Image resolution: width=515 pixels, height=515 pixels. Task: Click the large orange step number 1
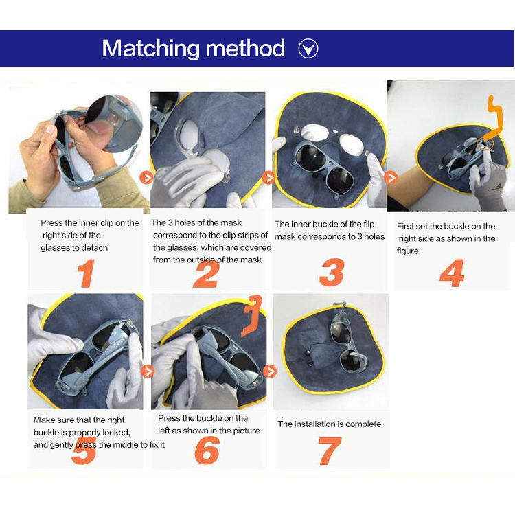point(87,273)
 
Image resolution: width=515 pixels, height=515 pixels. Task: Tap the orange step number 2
point(206,273)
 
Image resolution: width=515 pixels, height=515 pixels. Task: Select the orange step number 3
point(332,272)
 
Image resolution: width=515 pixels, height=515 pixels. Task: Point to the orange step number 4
point(453,273)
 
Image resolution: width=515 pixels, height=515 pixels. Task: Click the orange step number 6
point(207,450)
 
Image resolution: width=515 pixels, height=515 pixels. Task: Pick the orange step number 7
point(330,450)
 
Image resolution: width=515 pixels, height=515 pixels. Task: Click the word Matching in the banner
point(151,49)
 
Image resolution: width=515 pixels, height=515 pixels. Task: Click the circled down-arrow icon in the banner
point(308,49)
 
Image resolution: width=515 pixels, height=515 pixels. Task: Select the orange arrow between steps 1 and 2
point(146,178)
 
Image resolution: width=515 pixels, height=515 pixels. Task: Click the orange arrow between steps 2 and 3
point(268,178)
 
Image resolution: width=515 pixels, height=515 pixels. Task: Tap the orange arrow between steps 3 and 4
point(391,178)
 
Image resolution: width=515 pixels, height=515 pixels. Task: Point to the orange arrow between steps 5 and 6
point(148,371)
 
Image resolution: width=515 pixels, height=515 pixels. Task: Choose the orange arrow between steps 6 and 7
point(270,371)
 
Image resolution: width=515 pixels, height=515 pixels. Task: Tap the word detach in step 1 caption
point(94,248)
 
